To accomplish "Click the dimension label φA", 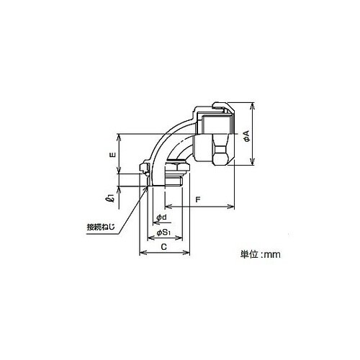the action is coord(247,136).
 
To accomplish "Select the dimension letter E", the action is coord(112,155).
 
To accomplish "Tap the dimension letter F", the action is coord(198,199).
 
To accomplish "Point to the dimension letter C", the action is coord(164,247).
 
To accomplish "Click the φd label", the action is coord(162,217).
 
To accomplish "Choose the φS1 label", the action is coord(163,233).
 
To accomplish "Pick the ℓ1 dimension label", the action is coord(111,199).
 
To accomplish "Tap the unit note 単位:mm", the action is coord(261,254).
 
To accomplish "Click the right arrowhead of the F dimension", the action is coord(231,206).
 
